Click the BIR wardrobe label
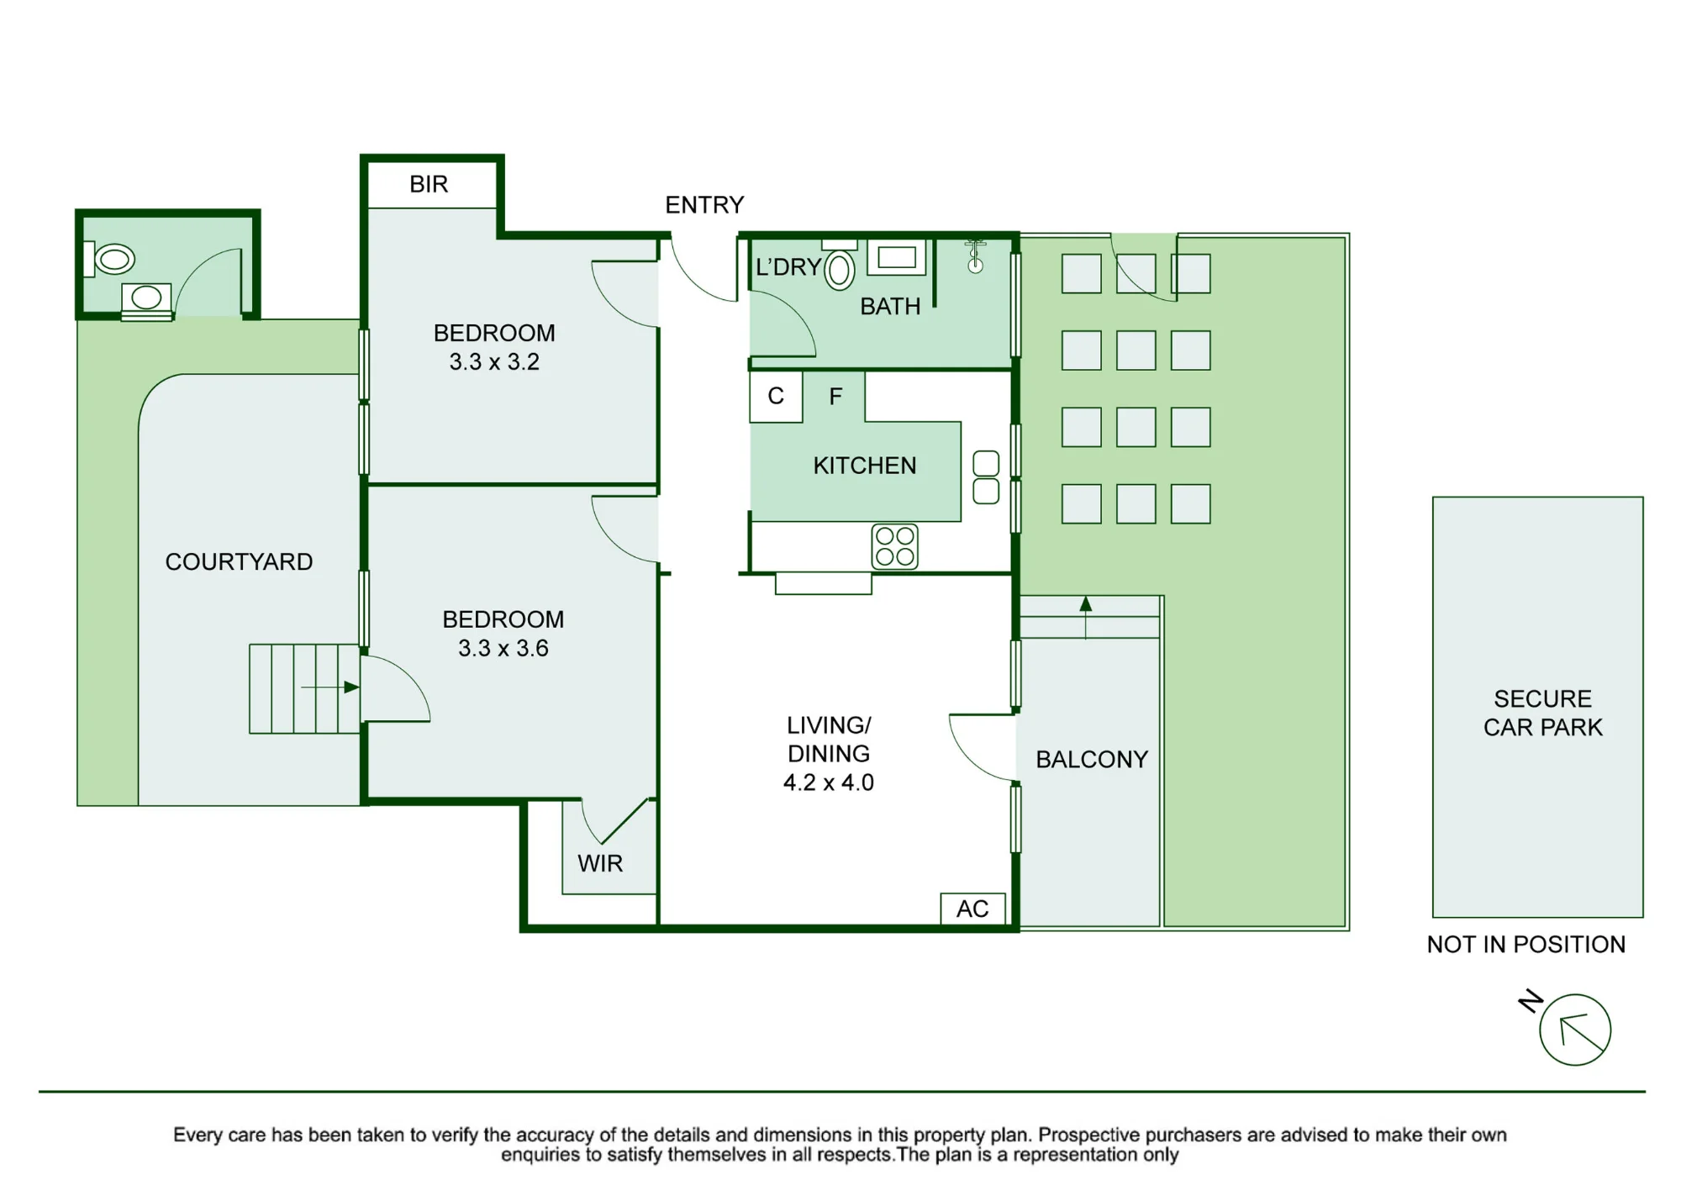[x=429, y=184]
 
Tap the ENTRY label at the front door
[x=704, y=205]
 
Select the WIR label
[x=600, y=863]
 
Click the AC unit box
[x=972, y=908]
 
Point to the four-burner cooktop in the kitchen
[x=895, y=546]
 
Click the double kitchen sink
[x=986, y=477]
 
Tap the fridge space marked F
[x=835, y=397]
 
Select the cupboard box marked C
[x=776, y=397]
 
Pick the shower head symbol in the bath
[x=975, y=256]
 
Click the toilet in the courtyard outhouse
[x=110, y=259]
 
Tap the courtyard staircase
[x=305, y=689]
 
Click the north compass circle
[x=1575, y=1030]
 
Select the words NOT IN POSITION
[x=1526, y=945]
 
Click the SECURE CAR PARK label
[x=1543, y=713]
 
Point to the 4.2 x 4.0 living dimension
[x=829, y=782]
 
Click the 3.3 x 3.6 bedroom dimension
[x=503, y=648]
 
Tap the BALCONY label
[x=1092, y=760]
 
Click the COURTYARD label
[x=239, y=561]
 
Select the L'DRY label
[x=788, y=267]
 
